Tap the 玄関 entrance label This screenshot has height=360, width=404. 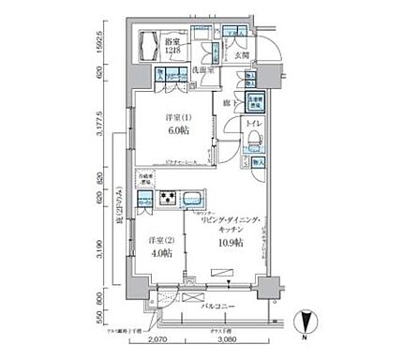click(243, 55)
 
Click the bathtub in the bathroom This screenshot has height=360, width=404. click(150, 45)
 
